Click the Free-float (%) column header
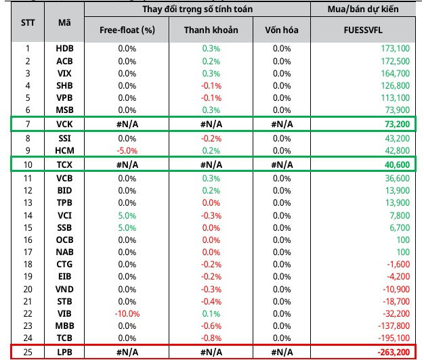(x=127, y=30)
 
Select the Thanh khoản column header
(x=211, y=30)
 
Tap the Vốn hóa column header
(x=282, y=30)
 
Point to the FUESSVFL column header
(x=363, y=30)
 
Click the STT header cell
(x=28, y=22)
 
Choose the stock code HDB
(x=64, y=48)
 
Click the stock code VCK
(x=64, y=124)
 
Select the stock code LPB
(x=64, y=352)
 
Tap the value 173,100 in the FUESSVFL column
(x=396, y=48)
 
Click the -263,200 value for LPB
(x=394, y=352)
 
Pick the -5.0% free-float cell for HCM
(x=127, y=150)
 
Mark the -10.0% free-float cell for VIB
(x=127, y=313)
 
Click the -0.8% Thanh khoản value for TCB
(x=211, y=338)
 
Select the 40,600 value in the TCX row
(x=397, y=164)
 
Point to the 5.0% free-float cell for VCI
(x=127, y=215)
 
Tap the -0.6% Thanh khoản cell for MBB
(x=211, y=325)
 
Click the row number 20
(x=28, y=289)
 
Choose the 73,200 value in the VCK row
(x=397, y=124)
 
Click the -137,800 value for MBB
(x=394, y=325)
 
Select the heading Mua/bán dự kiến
(x=363, y=9)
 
